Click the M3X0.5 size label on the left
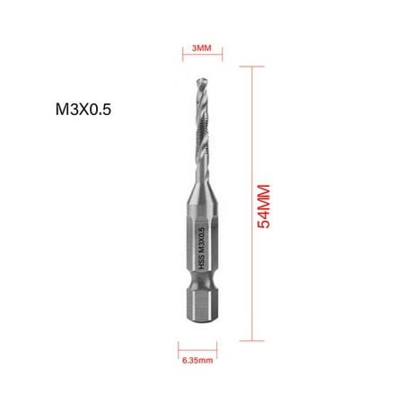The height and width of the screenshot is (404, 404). point(82,114)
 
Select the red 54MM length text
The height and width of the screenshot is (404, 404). point(264,203)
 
